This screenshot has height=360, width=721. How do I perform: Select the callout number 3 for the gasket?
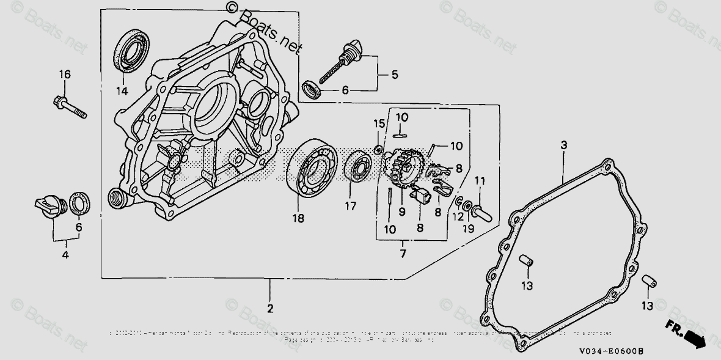(x=563, y=145)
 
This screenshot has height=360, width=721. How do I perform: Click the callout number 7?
(x=403, y=252)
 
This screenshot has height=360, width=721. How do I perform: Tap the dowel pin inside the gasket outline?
(x=526, y=261)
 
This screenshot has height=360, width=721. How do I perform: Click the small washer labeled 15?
(x=378, y=149)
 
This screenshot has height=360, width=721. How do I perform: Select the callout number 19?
(x=468, y=229)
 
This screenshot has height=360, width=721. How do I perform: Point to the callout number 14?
(x=123, y=91)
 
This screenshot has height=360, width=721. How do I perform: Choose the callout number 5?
(x=394, y=75)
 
